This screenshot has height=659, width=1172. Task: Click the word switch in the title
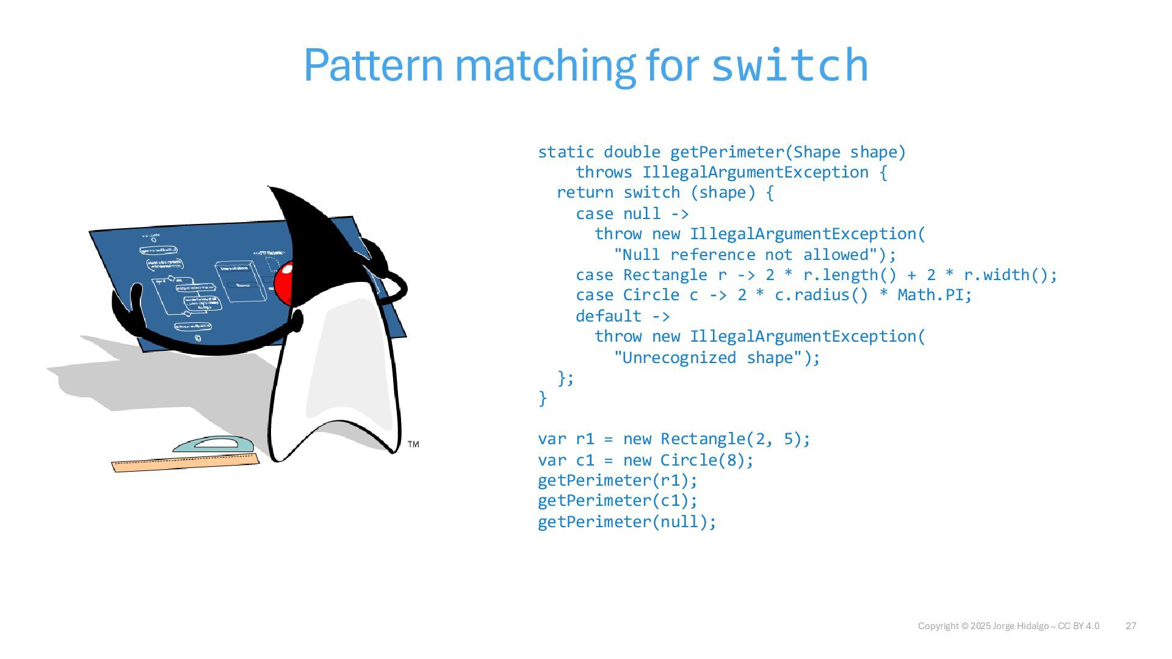click(x=790, y=65)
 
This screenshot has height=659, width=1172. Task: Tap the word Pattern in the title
click(x=373, y=65)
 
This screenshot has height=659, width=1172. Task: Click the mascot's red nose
click(x=283, y=283)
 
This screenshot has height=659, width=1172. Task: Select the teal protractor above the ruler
click(x=213, y=445)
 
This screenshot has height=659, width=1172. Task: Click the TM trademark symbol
click(x=413, y=444)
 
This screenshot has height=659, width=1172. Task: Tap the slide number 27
click(x=1130, y=626)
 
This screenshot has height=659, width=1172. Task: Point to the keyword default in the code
click(x=609, y=316)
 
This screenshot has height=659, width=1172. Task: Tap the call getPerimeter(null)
click(x=627, y=522)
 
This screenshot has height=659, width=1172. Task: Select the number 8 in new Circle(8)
click(x=732, y=460)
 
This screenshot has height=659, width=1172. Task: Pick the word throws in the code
click(x=604, y=173)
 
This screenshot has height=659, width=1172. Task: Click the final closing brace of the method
click(x=543, y=398)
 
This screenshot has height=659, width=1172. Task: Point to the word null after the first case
click(x=642, y=214)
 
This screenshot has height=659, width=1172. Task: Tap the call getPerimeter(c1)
click(x=617, y=501)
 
